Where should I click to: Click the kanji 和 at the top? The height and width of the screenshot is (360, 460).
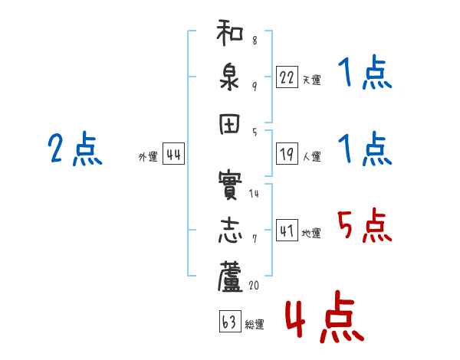tap(230, 32)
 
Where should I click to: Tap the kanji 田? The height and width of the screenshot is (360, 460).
tap(229, 124)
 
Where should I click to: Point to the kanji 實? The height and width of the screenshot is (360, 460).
tap(230, 185)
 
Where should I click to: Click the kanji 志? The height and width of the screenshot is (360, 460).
tap(230, 231)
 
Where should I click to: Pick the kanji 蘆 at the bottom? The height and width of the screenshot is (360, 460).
tap(230, 277)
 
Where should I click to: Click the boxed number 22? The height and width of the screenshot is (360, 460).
tap(287, 77)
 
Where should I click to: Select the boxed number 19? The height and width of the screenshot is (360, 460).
tap(287, 154)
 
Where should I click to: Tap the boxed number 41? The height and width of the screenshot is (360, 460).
tap(287, 230)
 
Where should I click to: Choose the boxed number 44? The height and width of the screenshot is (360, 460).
tap(173, 153)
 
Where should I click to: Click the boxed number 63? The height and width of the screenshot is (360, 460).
tap(230, 321)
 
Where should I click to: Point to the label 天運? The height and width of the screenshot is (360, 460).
tap(312, 80)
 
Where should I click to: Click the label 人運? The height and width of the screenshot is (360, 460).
tap(312, 156)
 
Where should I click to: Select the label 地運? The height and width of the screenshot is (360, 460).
tap(311, 233)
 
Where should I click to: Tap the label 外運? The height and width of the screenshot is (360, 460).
tap(148, 157)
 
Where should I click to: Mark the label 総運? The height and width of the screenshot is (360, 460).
tap(255, 324)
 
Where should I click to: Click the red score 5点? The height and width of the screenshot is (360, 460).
tap(364, 225)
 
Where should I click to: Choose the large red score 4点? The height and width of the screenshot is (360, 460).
tap(325, 316)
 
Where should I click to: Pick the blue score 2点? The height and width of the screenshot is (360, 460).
tap(75, 149)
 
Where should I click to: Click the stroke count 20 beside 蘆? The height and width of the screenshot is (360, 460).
tap(254, 285)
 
